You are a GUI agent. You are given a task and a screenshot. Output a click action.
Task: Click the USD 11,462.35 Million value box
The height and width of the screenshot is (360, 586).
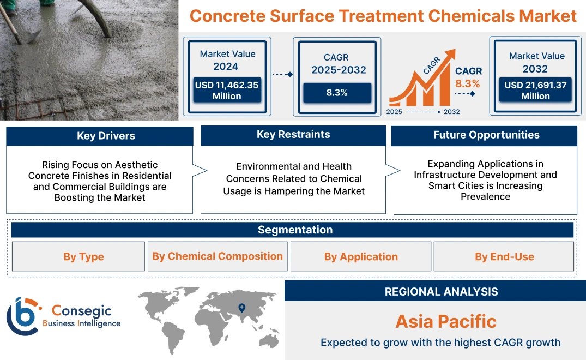tap(226, 90)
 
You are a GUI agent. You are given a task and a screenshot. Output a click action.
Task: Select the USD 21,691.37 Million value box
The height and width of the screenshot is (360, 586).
tap(535, 90)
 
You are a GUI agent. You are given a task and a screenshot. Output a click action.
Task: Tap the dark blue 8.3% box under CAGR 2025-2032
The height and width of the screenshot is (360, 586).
tap(337, 93)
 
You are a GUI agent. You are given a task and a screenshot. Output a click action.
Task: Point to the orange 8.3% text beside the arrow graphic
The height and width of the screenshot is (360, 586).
tap(467, 83)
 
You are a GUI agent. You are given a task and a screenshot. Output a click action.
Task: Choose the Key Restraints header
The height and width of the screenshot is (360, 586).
tap(293, 135)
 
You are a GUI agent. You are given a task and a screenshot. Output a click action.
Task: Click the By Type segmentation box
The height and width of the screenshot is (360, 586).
tap(83, 256)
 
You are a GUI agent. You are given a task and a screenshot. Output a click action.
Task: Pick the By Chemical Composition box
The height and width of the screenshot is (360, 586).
tap(218, 256)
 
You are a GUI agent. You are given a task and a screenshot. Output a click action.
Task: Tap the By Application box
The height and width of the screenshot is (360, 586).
tap(361, 256)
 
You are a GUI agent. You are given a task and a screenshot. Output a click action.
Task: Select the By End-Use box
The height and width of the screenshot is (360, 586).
tap(504, 256)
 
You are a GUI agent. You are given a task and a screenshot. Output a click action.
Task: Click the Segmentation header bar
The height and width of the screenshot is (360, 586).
tap(295, 230)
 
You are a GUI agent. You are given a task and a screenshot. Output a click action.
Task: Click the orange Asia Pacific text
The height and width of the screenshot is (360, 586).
tap(446, 321)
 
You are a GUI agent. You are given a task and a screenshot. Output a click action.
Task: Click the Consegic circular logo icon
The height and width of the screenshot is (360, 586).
tap(23, 316)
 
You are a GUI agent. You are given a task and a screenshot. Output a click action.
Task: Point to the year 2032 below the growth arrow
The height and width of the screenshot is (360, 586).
tap(451, 112)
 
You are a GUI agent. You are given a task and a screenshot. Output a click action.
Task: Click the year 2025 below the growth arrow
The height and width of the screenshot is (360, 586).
tap(395, 112)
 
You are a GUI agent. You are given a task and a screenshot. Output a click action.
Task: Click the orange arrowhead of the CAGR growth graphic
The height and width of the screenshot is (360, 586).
tap(450, 55)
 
